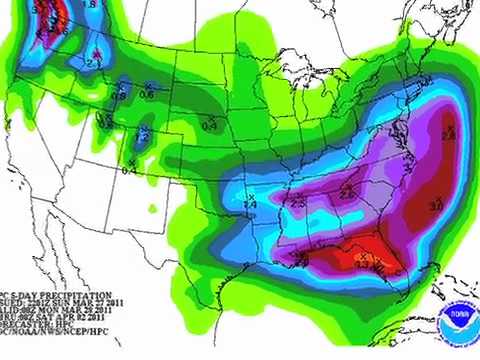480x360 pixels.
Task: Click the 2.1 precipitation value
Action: [x=91, y=63]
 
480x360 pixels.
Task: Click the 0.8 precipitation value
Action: [x=119, y=96]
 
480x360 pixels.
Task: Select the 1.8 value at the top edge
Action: [x=89, y=5]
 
